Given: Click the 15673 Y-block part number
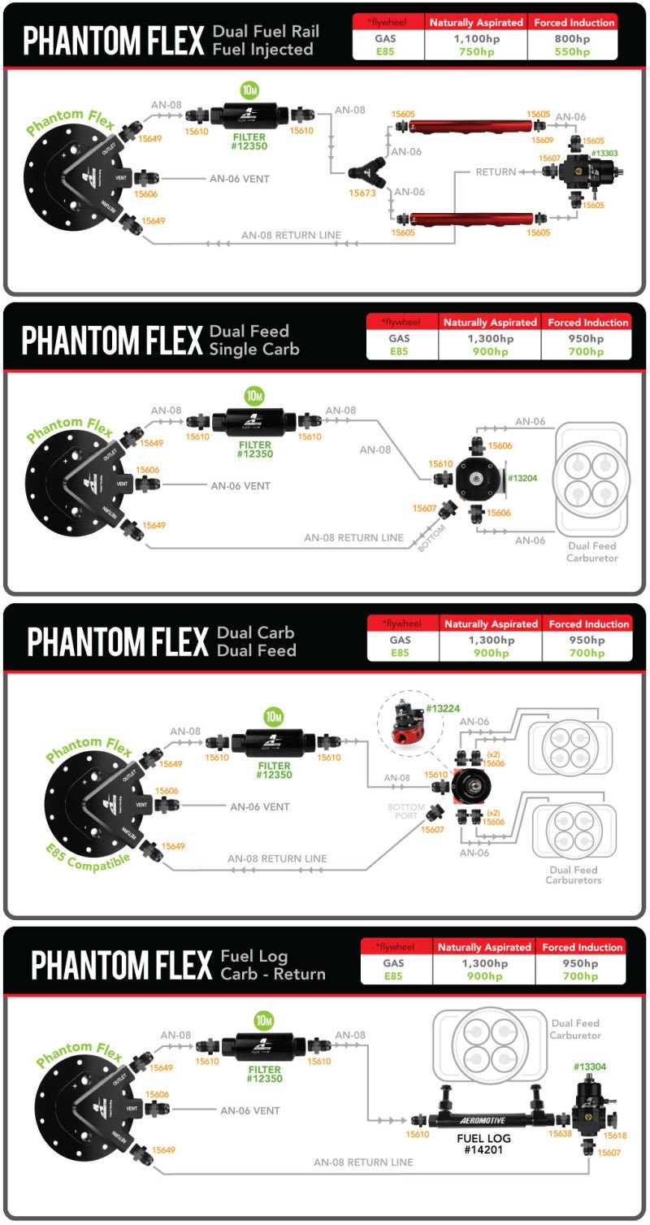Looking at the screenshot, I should point(362,193).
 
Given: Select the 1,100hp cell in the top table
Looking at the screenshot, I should point(475,37).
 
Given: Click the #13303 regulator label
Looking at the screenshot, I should point(604,153).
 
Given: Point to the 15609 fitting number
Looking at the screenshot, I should point(542,140).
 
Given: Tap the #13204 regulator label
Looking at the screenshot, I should point(522,478).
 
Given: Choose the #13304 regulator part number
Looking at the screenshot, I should point(590,1066).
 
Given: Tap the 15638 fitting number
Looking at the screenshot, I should point(560,1133).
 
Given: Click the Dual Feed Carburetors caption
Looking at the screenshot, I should point(574,875).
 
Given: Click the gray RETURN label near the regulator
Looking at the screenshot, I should point(496,172).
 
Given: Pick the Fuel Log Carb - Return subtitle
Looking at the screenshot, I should point(273,965).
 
